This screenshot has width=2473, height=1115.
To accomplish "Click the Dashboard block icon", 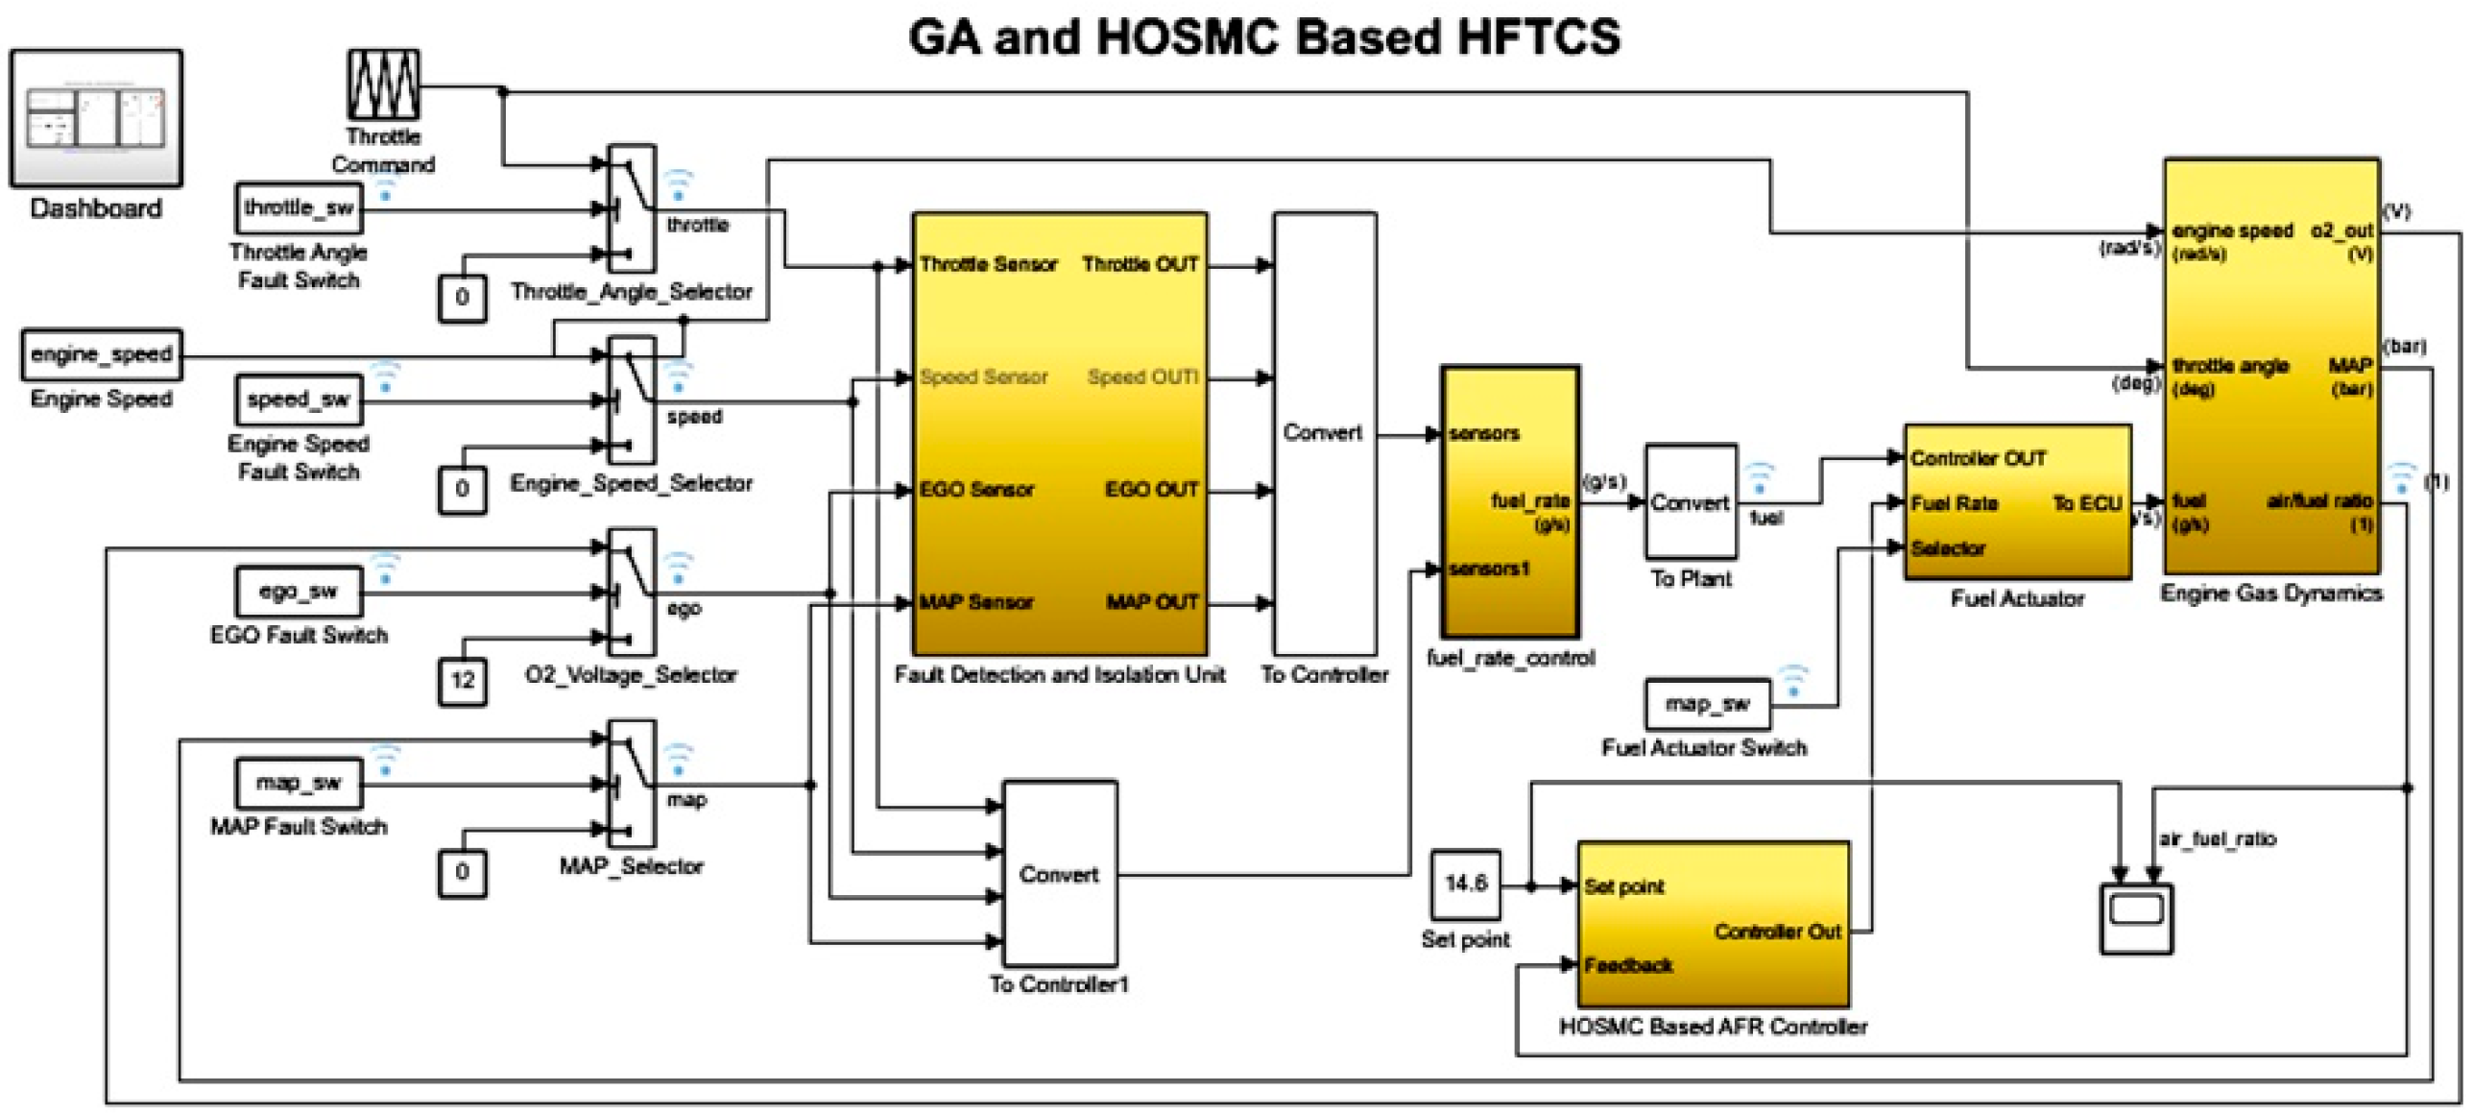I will coord(96,117).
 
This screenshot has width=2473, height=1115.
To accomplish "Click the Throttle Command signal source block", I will coord(383,85).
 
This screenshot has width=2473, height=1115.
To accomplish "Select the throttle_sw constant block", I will coord(299,207).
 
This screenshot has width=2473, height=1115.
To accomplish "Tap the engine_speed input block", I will coord(101,354).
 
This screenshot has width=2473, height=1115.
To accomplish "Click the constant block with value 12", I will coord(462,681).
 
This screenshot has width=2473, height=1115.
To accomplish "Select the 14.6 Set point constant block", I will coord(1465,885).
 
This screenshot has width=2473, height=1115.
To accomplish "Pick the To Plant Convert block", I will coord(1691,502).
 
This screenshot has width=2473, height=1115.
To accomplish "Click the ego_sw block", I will coord(299,591).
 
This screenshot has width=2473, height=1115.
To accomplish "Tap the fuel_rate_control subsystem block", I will coord(1510,500).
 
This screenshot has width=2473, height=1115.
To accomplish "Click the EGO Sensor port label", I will coord(976,490).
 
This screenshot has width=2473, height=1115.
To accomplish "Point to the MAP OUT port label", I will coord(1151,602).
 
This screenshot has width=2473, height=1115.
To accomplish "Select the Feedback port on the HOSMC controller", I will coord(1627,965).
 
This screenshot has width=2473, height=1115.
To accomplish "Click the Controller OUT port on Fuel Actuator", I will coord(1978,458).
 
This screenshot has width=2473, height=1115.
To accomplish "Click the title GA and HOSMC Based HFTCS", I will coord(1263,38).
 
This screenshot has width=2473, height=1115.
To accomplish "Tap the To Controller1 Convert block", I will coord(1060,873).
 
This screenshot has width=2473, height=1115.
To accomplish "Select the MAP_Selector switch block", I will coord(632,784).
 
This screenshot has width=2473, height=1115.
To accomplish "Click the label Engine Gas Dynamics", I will coord(2270,594).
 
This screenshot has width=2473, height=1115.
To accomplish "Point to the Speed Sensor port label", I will coord(983,377).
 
